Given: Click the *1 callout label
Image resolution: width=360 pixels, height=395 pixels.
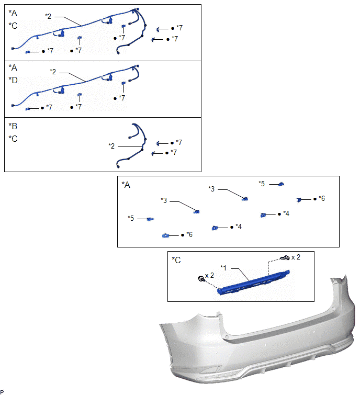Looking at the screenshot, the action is pyautogui.click(x=223, y=267).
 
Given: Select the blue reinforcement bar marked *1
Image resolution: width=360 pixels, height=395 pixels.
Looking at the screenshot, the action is pyautogui.click(x=253, y=283).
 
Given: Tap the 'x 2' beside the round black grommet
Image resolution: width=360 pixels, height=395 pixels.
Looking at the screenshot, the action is pyautogui.click(x=210, y=276).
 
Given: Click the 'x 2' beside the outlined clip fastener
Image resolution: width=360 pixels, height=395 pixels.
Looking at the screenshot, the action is pyautogui.click(x=296, y=257).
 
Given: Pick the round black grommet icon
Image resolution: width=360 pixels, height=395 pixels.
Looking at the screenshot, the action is pyautogui.click(x=201, y=279).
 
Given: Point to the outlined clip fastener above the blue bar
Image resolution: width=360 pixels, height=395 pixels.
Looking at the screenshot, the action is pyautogui.click(x=285, y=258).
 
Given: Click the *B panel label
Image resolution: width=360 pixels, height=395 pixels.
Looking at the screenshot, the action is pyautogui.click(x=13, y=126).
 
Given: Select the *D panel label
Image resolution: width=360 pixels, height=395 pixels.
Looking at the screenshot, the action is pyautogui.click(x=13, y=81).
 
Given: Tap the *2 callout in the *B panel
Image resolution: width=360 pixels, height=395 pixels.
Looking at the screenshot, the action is pyautogui.click(x=111, y=146).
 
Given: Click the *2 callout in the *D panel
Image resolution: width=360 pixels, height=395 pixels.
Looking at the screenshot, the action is pyautogui.click(x=53, y=72).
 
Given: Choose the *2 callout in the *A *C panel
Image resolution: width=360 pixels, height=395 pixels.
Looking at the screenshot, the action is pyautogui.click(x=48, y=16).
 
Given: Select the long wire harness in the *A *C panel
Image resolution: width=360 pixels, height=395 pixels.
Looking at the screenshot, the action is pyautogui.click(x=81, y=26).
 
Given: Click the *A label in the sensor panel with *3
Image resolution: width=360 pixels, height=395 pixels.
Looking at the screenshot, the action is pyautogui.click(x=126, y=185).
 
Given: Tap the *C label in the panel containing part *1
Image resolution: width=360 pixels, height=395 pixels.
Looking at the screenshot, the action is pyautogui.click(x=176, y=260).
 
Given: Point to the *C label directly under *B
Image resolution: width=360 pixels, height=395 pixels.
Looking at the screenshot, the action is pyautogui.click(x=13, y=139).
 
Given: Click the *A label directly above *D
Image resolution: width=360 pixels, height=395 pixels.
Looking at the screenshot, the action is pyautogui.click(x=13, y=68).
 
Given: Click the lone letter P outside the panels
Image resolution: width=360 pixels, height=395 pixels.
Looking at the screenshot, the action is pyautogui.click(x=2, y=392).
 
